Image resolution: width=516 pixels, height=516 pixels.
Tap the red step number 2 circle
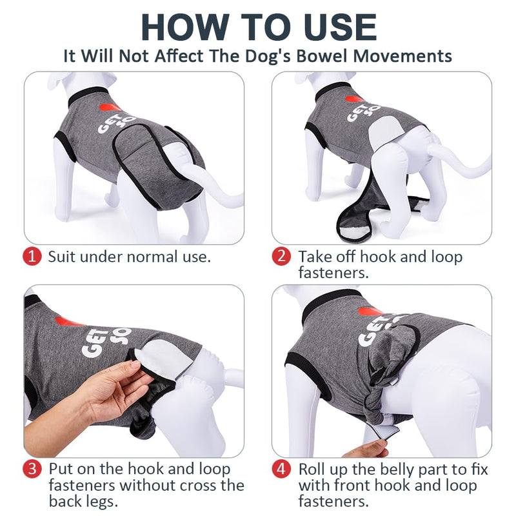[281, 257]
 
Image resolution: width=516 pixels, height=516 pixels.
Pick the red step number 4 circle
[281, 468]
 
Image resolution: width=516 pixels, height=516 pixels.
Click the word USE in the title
[334, 28]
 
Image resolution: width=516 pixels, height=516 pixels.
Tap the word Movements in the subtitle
[402, 56]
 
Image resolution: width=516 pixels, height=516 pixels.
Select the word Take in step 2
[314, 257]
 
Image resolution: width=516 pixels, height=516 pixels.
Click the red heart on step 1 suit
[110, 107]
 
